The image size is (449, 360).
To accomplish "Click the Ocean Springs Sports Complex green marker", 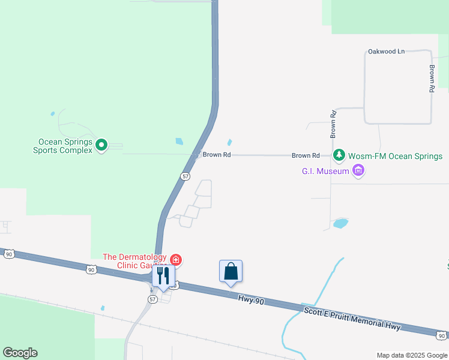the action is pyautogui.click(x=101, y=144).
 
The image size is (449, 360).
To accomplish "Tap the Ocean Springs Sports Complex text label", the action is pyautogui.click(x=65, y=146).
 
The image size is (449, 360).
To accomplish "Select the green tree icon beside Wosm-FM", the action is pyautogui.click(x=339, y=156).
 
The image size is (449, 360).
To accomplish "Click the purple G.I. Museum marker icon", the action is pyautogui.click(x=359, y=172).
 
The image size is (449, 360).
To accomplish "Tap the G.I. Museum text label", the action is pyautogui.click(x=325, y=172).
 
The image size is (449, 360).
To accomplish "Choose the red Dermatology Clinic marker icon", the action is pyautogui.click(x=176, y=260).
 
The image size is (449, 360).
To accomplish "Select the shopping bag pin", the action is pyautogui.click(x=231, y=271).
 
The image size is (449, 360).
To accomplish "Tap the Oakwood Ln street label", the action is pyautogui.click(x=387, y=52).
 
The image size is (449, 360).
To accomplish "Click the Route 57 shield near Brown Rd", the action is pyautogui.click(x=185, y=176).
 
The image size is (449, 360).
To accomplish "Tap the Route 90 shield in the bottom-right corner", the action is pyautogui.click(x=442, y=335).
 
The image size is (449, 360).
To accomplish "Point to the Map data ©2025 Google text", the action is pyautogui.click(x=411, y=355).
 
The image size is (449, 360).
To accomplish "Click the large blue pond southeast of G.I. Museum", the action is pyautogui.click(x=340, y=223).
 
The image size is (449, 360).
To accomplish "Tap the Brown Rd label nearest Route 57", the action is pyautogui.click(x=217, y=155).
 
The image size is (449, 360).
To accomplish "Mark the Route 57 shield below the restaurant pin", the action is pyautogui.click(x=152, y=299).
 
